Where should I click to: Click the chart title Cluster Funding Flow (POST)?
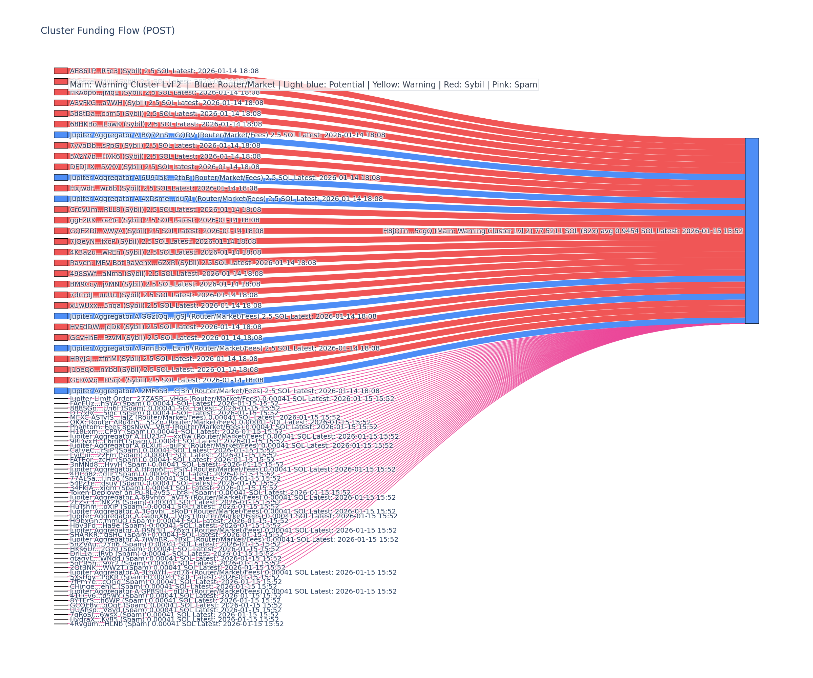click(x=108, y=31)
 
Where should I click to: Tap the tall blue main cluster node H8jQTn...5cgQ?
click(x=752, y=231)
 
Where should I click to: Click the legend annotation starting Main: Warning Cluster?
click(x=304, y=85)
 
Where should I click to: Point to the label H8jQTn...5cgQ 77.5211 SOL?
click(x=563, y=231)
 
